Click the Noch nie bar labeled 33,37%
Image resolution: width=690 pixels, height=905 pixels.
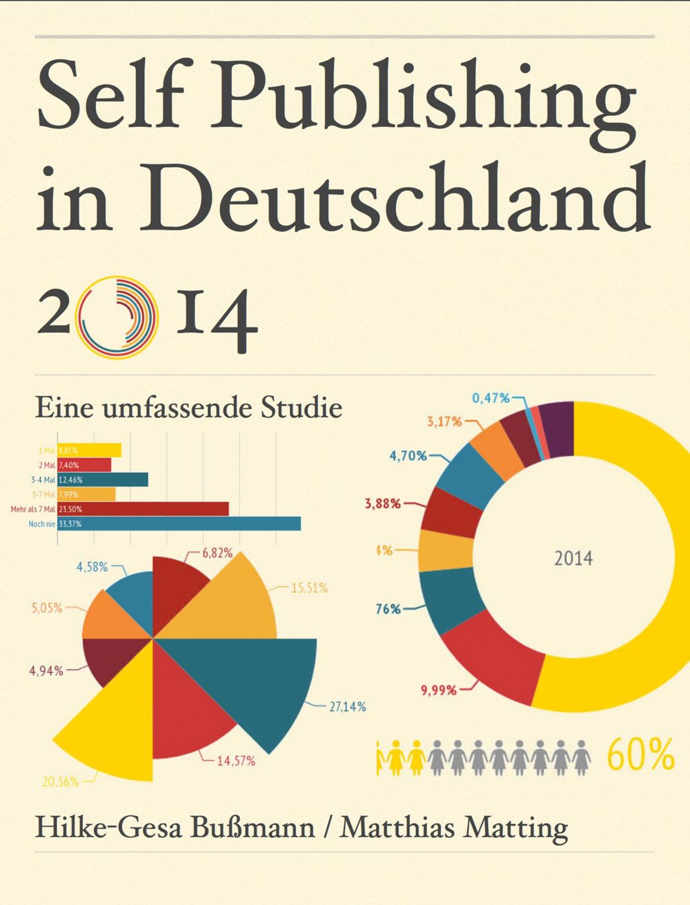[179, 524]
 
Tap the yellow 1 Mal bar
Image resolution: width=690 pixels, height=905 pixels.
[90, 450]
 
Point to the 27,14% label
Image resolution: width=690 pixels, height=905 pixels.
[347, 707]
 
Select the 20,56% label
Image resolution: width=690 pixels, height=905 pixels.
[60, 782]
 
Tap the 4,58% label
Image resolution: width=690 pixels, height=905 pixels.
[92, 567]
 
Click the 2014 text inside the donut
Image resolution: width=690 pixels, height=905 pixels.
[573, 558]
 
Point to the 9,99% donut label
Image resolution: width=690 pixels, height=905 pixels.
[439, 690]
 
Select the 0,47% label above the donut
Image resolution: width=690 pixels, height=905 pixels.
[491, 398]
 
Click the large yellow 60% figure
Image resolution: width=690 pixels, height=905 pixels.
[641, 755]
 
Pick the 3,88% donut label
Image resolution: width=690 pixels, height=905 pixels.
[382, 503]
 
